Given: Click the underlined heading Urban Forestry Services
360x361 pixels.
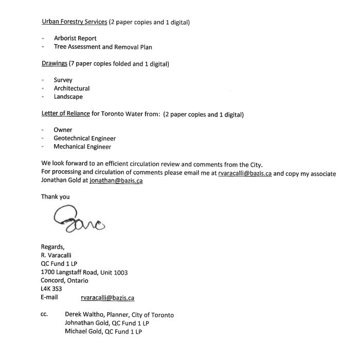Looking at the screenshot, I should [74, 22].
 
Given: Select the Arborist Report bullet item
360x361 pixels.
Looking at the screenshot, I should [75, 38].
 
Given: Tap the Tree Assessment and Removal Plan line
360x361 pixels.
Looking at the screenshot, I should [103, 47].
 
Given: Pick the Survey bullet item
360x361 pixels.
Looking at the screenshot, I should [63, 80].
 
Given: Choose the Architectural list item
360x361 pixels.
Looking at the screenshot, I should [71, 88].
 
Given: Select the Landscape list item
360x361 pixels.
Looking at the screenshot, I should [68, 97].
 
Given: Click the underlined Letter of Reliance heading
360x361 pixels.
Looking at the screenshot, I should [65, 114].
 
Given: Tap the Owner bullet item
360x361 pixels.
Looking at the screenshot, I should [63, 130].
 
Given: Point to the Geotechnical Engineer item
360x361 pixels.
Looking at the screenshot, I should [84, 138].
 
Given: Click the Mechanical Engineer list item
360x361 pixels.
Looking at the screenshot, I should [82, 147].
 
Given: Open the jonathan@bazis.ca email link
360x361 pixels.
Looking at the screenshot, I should [116, 182].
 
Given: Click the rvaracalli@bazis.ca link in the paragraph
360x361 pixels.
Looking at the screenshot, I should [244, 173].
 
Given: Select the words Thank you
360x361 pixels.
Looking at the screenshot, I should [55, 196].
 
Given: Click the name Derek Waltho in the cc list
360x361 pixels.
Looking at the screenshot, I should [85, 315].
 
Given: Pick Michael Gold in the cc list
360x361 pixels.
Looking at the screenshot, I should [83, 332].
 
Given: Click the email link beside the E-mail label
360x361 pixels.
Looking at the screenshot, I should [107, 297].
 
